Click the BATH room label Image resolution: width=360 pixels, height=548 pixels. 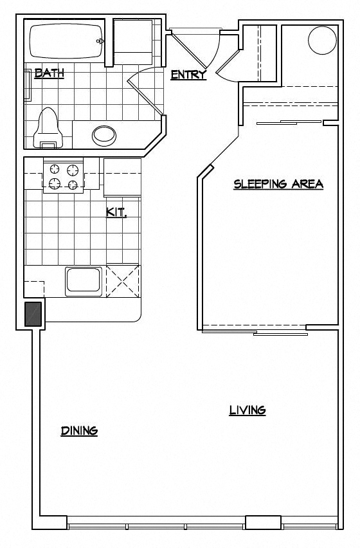click(49, 73)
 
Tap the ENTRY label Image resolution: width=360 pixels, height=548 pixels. click(188, 75)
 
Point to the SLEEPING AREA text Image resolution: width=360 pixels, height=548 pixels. click(278, 184)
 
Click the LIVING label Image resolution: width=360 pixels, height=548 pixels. click(248, 410)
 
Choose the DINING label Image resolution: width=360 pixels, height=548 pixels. click(79, 430)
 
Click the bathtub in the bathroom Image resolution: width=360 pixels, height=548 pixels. click(66, 42)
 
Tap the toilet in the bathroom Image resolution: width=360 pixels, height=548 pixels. click(49, 127)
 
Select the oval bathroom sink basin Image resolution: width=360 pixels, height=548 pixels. click(104, 135)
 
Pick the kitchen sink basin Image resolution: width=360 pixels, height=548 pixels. click(82, 282)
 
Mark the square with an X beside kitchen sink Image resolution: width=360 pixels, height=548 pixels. click(122, 280)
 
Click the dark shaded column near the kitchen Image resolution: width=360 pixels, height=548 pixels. click(33, 314)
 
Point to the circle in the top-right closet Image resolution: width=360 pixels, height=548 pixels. click(322, 41)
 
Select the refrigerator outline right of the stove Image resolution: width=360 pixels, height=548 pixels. click(122, 177)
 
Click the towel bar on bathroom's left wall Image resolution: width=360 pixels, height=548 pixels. click(27, 85)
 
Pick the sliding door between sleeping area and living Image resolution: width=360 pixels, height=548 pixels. click(255, 331)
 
